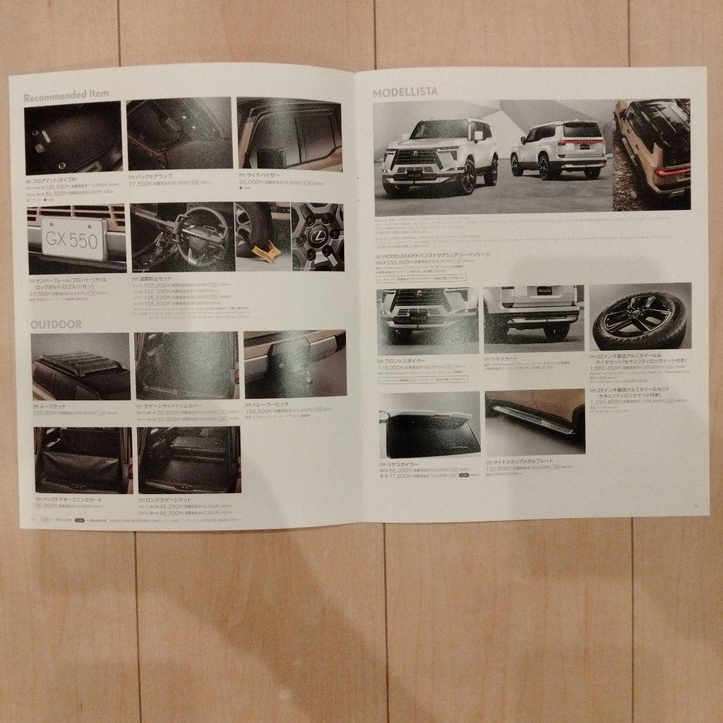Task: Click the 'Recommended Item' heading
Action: click(x=66, y=94)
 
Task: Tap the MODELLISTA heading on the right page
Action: click(x=405, y=92)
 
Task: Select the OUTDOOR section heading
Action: click(x=56, y=324)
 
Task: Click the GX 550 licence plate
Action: click(x=72, y=240)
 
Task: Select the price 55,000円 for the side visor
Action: click(x=251, y=182)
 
